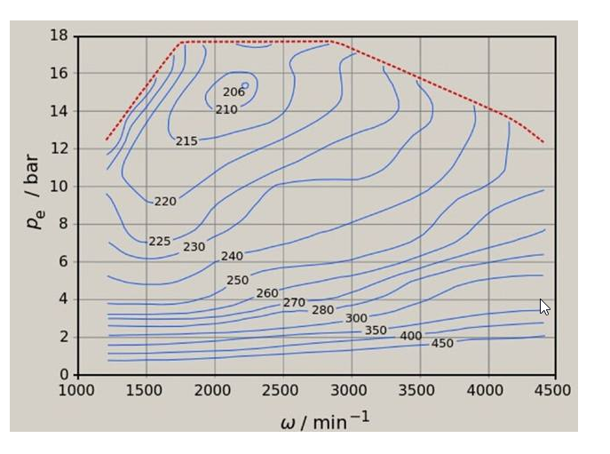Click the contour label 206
tap(234, 92)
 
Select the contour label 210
tap(226, 110)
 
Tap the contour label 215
tap(186, 141)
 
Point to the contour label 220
tap(165, 202)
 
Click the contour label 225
tap(159, 242)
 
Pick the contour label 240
tap(232, 257)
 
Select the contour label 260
tap(267, 293)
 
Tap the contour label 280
tap(322, 310)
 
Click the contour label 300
tap(356, 318)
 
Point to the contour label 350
tap(376, 331)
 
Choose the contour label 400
tap(410, 337)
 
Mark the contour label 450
tap(442, 344)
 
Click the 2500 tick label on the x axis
tap(281, 390)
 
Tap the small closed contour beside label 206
tap(245, 86)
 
